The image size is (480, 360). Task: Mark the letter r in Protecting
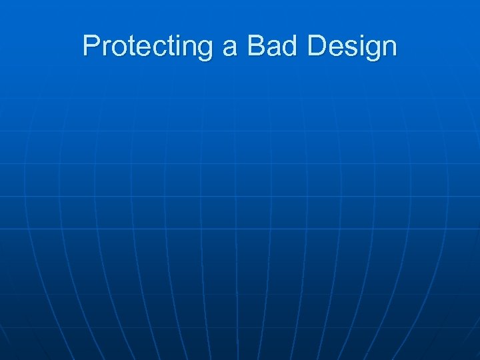coord(105,48)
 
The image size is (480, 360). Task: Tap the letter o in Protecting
coord(117,48)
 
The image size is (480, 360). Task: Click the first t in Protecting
coord(128,47)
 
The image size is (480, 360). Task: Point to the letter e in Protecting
coord(139,48)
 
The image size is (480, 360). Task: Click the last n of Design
coord(389,48)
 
